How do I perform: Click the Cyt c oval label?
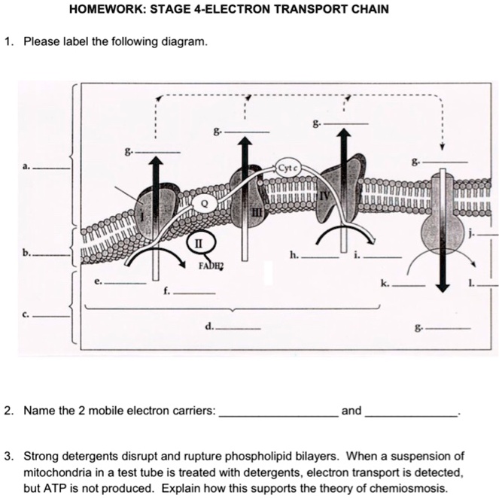pyautogui.click(x=289, y=168)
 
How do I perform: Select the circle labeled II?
pyautogui.click(x=199, y=243)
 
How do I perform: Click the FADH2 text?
pyautogui.click(x=212, y=266)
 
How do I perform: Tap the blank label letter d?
pyautogui.click(x=208, y=326)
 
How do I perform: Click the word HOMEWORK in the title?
pyautogui.click(x=99, y=10)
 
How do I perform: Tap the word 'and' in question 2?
pyautogui.click(x=351, y=411)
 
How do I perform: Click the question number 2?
pyautogui.click(x=8, y=411)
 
